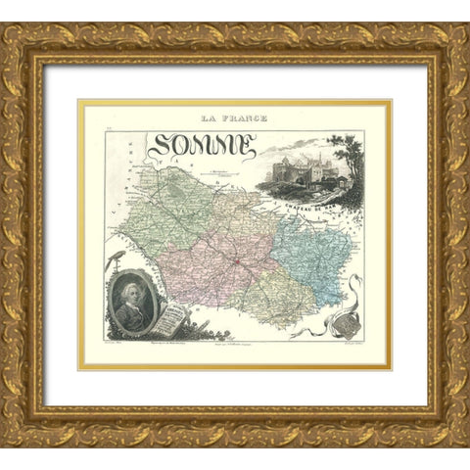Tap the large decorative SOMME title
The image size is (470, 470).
pos(203,148)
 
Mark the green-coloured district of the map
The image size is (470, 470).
pos(171,211)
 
